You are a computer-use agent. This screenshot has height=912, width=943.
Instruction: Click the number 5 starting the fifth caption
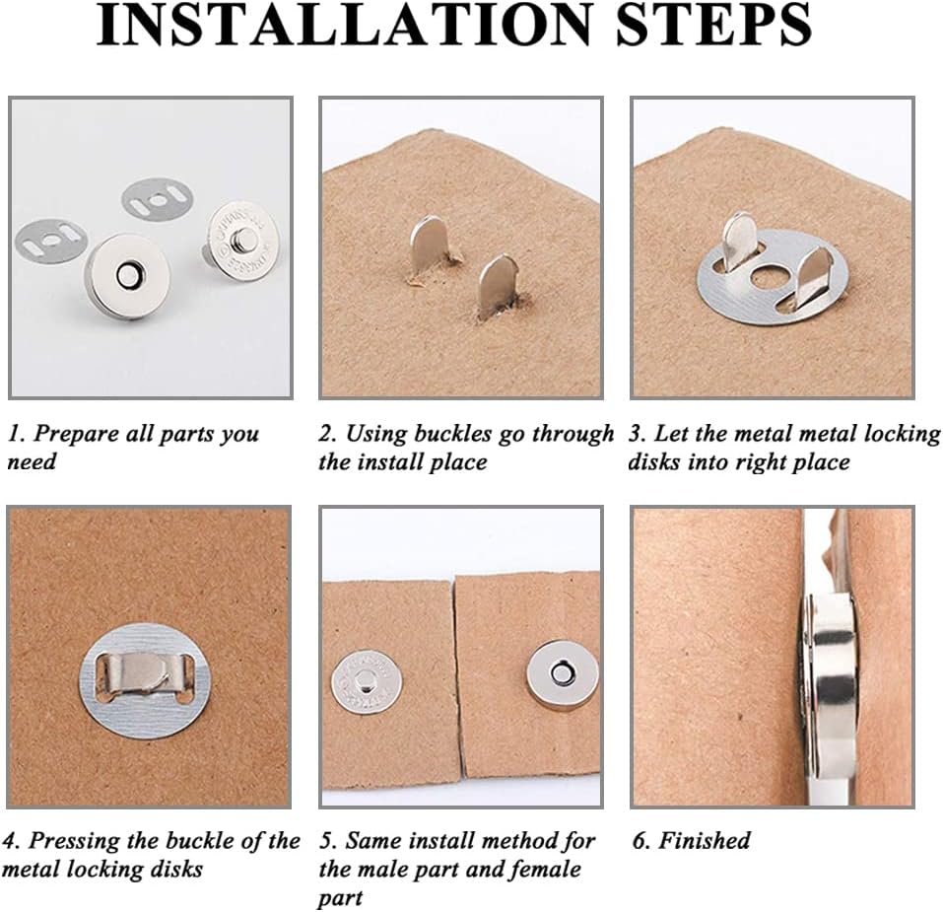tap(326, 841)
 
